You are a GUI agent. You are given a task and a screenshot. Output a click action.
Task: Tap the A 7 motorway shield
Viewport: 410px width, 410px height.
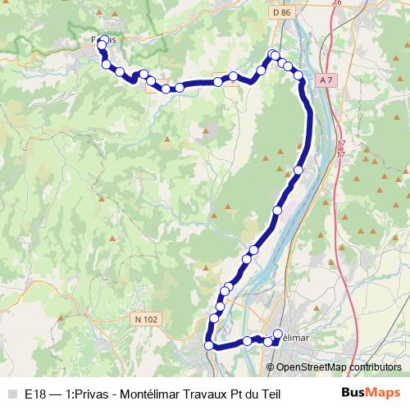click(x=326, y=79)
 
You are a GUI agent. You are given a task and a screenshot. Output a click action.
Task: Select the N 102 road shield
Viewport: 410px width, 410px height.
click(x=148, y=318)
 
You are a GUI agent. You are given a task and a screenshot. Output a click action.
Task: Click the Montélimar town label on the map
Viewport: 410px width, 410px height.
click(x=294, y=337)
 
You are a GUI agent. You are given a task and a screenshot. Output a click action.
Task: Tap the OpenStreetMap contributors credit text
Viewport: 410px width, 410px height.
click(x=339, y=367)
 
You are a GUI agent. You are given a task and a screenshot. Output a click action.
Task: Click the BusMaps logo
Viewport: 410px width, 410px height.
click(x=371, y=394)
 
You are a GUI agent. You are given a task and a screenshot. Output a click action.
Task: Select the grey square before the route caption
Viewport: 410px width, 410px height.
click(x=11, y=394)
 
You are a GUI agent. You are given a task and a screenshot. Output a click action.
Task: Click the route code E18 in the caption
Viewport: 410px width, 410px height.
click(x=35, y=394)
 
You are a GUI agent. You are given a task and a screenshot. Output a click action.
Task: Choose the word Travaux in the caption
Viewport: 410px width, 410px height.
click(x=211, y=394)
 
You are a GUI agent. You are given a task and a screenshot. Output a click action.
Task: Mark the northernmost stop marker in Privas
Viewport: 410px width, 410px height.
click(x=102, y=46)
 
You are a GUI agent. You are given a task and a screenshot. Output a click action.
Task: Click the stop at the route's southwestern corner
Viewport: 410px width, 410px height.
click(x=208, y=345)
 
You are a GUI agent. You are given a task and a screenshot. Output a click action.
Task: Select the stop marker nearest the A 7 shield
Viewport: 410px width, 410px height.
click(x=299, y=76)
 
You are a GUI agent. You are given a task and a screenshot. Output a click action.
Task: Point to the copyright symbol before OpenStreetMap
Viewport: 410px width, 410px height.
click(x=271, y=367)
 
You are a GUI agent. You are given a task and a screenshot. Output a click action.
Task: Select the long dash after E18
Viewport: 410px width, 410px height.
click(x=57, y=394)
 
